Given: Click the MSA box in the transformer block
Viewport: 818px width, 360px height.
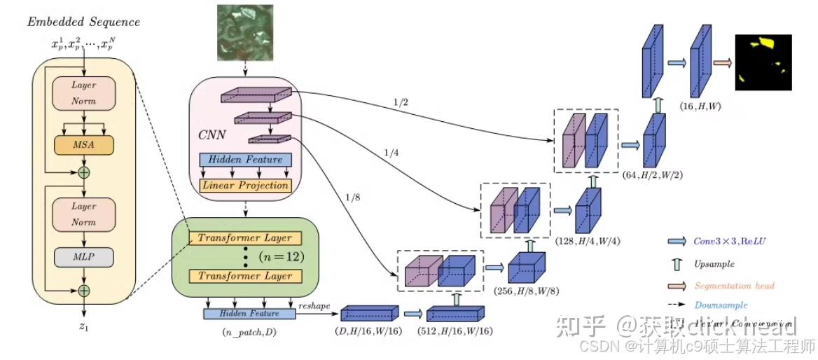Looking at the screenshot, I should click(83, 144).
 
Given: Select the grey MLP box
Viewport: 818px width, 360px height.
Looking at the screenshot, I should click(83, 257).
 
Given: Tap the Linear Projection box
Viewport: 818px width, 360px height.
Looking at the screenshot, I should click(244, 186).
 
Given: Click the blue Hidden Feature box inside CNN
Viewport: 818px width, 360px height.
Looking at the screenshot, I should click(244, 160).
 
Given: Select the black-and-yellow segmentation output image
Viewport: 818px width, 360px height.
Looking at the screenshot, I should click(763, 62).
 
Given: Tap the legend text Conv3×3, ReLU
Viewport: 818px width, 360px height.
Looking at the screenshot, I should click(731, 241).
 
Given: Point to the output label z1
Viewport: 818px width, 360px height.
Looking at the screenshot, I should click(83, 326).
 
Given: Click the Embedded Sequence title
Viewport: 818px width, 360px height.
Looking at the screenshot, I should click(83, 22).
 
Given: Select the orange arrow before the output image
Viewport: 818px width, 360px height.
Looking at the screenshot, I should click(722, 63).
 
